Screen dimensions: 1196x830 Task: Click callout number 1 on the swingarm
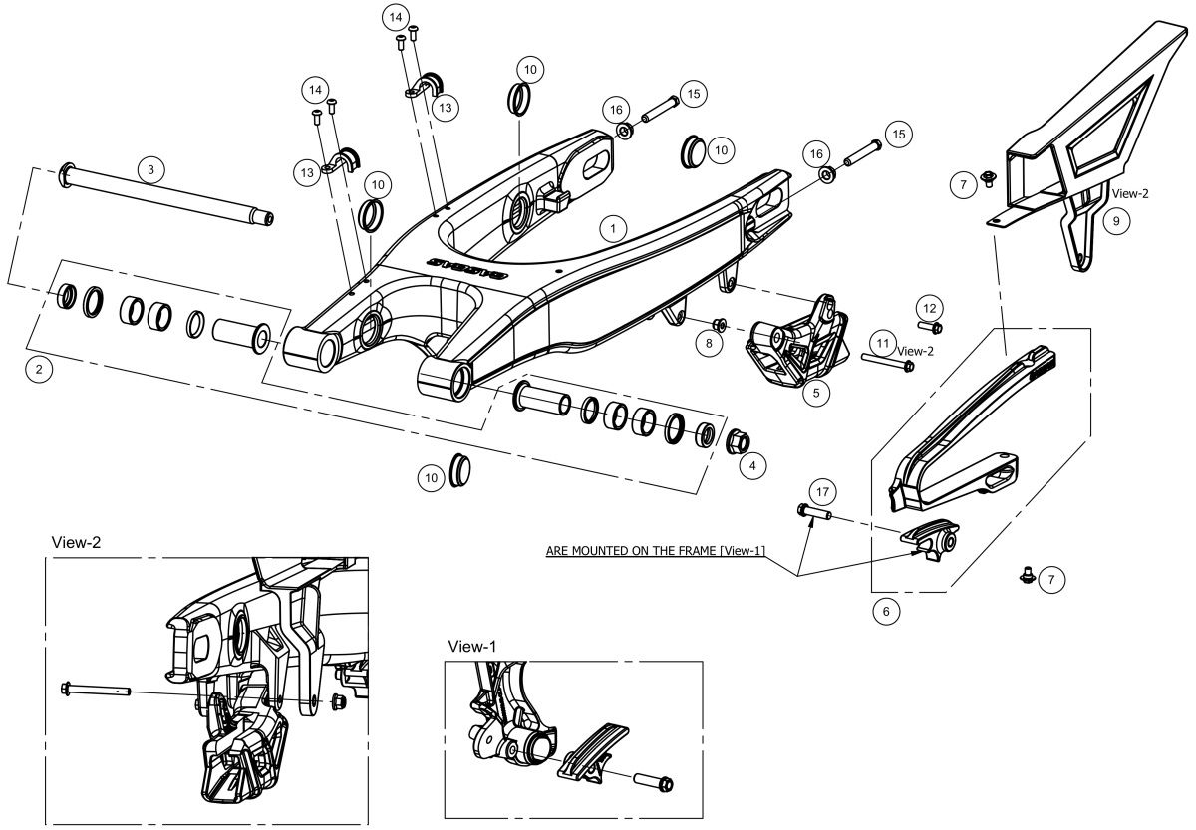pyautogui.click(x=613, y=228)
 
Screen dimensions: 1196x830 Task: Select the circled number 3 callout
pyautogui.click(x=151, y=169)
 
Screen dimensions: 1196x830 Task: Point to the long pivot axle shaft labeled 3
pyautogui.click(x=167, y=194)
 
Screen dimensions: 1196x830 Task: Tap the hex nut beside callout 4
pyautogui.click(x=738, y=441)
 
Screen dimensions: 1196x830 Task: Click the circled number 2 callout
pyautogui.click(x=39, y=369)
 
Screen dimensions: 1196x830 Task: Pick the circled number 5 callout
pyautogui.click(x=816, y=393)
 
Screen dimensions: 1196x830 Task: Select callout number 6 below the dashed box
pyautogui.click(x=886, y=611)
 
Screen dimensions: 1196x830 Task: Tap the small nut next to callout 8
pyautogui.click(x=720, y=324)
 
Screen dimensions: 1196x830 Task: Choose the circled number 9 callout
pyautogui.click(x=1116, y=221)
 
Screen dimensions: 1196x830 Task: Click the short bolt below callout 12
pyautogui.click(x=930, y=326)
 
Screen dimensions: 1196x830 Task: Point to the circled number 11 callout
pyautogui.click(x=883, y=343)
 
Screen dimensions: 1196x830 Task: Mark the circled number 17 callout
pyautogui.click(x=823, y=491)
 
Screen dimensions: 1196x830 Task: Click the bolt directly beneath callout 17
pyautogui.click(x=813, y=512)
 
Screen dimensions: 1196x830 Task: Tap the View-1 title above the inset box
pyautogui.click(x=472, y=647)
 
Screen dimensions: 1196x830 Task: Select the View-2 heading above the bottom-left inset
pyautogui.click(x=76, y=542)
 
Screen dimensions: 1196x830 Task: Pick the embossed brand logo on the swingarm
pyautogui.click(x=468, y=268)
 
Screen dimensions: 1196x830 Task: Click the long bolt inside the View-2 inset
pyautogui.click(x=96, y=690)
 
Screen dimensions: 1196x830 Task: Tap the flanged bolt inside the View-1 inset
pyautogui.click(x=653, y=782)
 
